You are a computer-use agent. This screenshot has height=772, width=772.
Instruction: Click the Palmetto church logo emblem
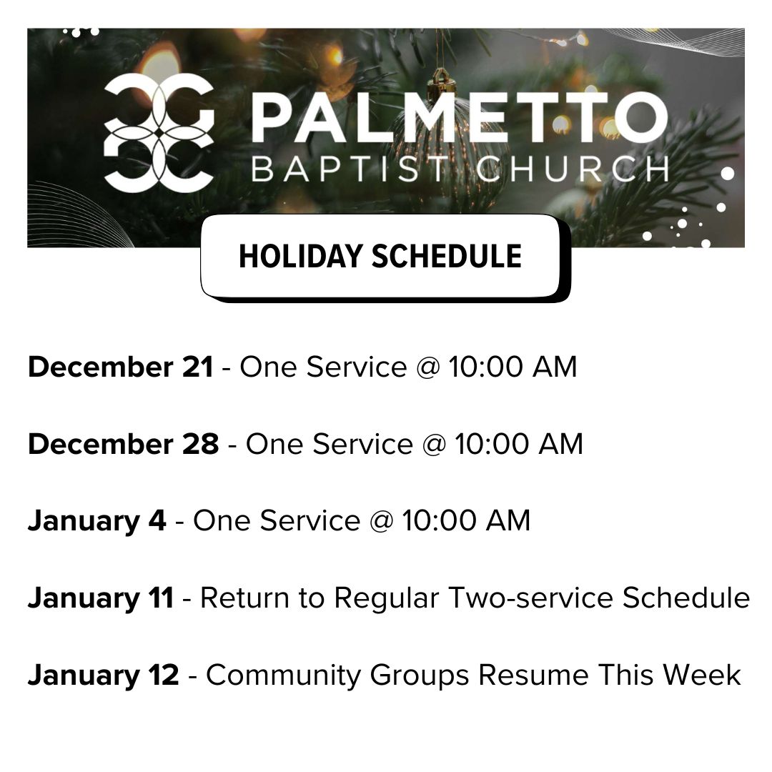coord(159,133)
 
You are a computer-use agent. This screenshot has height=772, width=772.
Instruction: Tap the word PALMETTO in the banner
coord(459,118)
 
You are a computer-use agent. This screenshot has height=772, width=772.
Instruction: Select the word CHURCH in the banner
coord(572,169)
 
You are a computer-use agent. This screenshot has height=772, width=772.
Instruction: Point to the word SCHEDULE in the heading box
coord(447,257)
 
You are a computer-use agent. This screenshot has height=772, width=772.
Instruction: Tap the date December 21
coord(121,367)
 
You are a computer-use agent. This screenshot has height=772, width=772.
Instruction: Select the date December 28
coord(123,444)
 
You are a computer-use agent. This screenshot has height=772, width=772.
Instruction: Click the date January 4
coord(97,521)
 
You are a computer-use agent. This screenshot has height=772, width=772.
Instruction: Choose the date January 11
coord(101,598)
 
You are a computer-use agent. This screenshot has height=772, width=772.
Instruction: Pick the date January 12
coord(104,675)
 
